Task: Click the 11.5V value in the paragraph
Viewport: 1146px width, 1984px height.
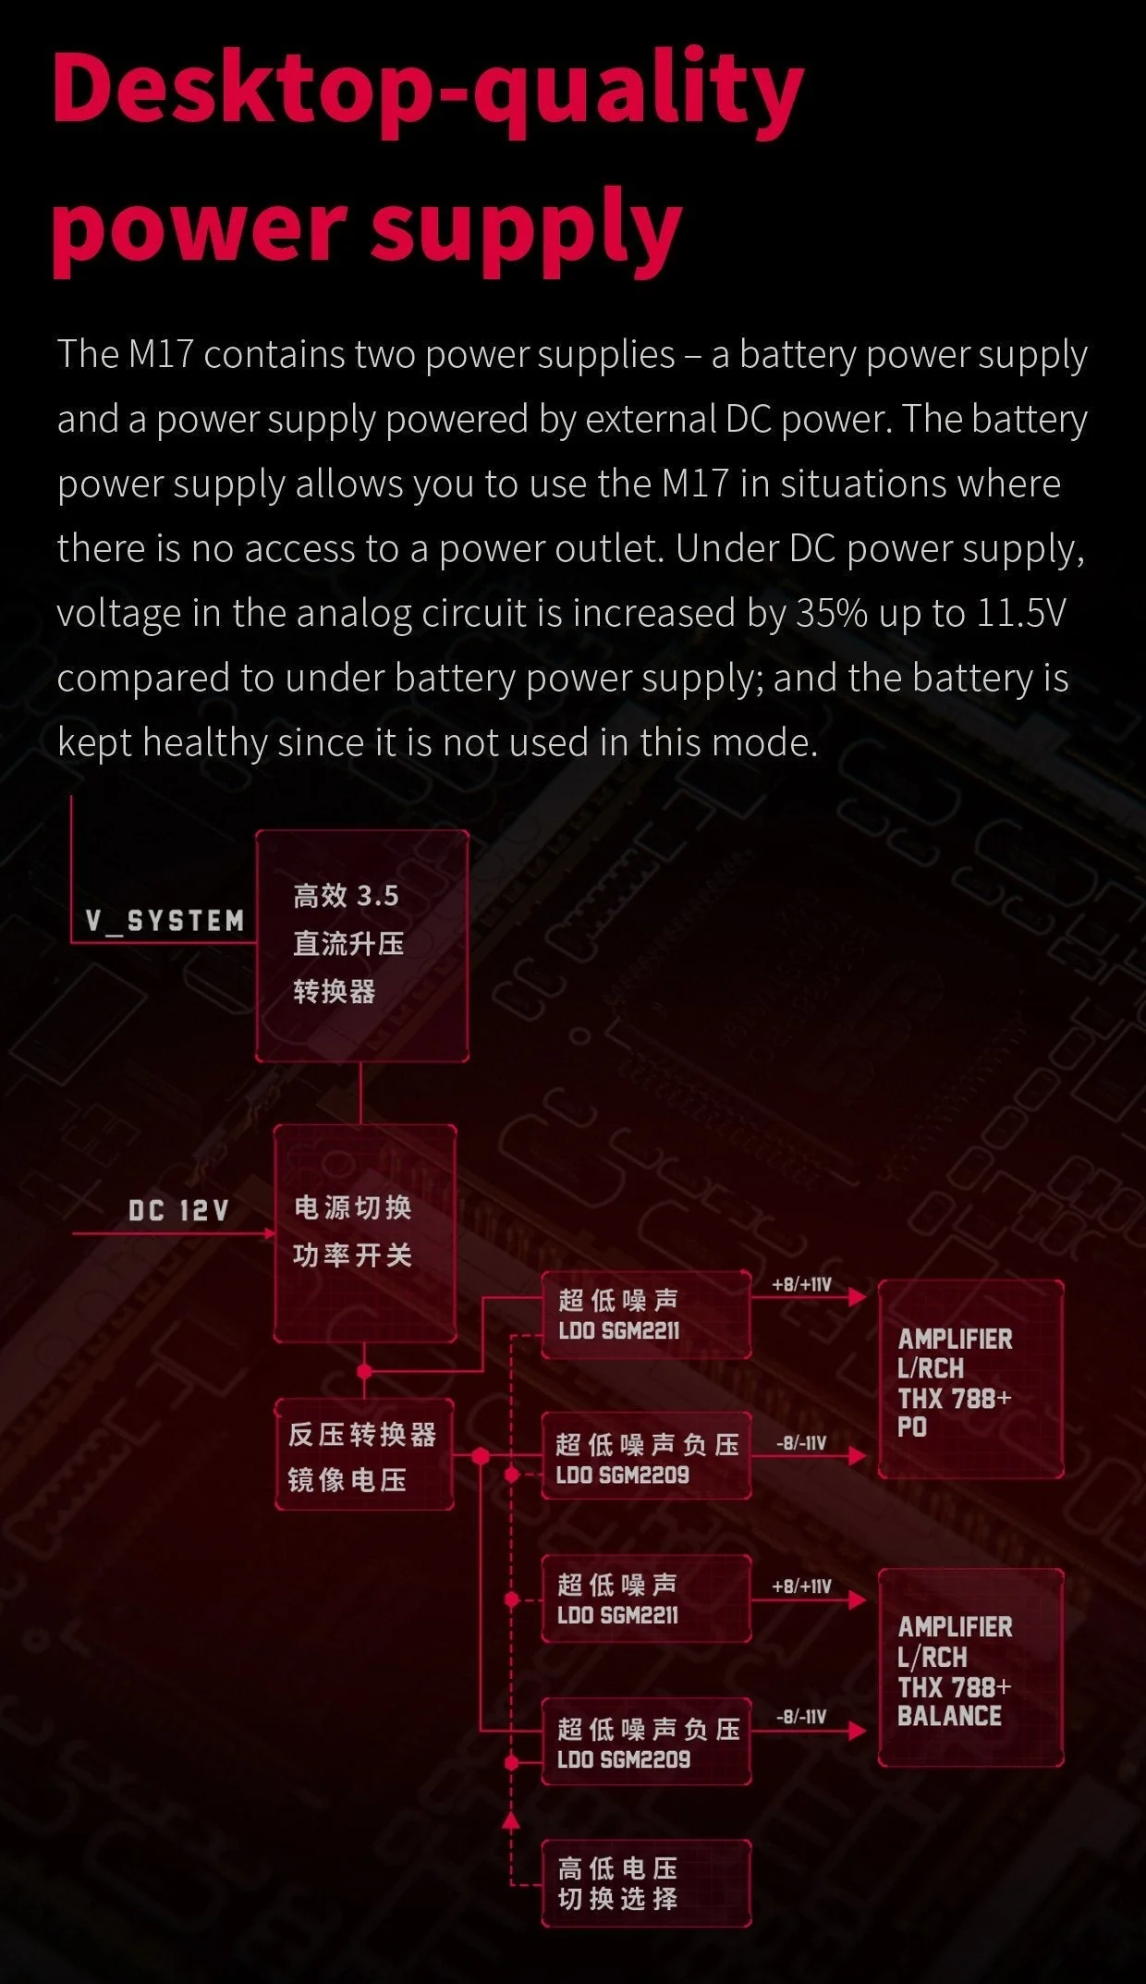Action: [x=1021, y=613]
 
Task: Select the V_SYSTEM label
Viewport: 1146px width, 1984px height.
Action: [x=165, y=921]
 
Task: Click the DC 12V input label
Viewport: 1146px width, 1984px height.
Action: [x=178, y=1210]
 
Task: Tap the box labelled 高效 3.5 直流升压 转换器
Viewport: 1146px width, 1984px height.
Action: [x=362, y=946]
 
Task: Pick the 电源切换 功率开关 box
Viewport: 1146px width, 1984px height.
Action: [x=365, y=1233]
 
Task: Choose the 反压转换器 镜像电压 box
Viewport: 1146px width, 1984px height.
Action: [x=364, y=1455]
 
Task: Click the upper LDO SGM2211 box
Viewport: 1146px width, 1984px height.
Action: [x=646, y=1315]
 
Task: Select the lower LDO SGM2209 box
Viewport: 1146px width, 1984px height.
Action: [x=646, y=1742]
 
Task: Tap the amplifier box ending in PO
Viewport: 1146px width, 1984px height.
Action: [x=970, y=1379]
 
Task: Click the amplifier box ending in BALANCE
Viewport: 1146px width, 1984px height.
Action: [x=970, y=1668]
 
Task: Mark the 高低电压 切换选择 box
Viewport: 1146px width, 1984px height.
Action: [x=646, y=1883]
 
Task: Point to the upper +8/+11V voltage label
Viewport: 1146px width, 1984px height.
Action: [x=801, y=1285]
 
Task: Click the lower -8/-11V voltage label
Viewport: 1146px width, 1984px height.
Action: [x=801, y=1717]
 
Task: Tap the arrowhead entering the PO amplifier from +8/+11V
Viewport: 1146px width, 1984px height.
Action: [x=857, y=1296]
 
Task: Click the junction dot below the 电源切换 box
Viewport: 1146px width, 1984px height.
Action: [x=364, y=1370]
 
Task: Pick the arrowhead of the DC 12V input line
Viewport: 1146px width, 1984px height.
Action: [x=270, y=1233]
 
